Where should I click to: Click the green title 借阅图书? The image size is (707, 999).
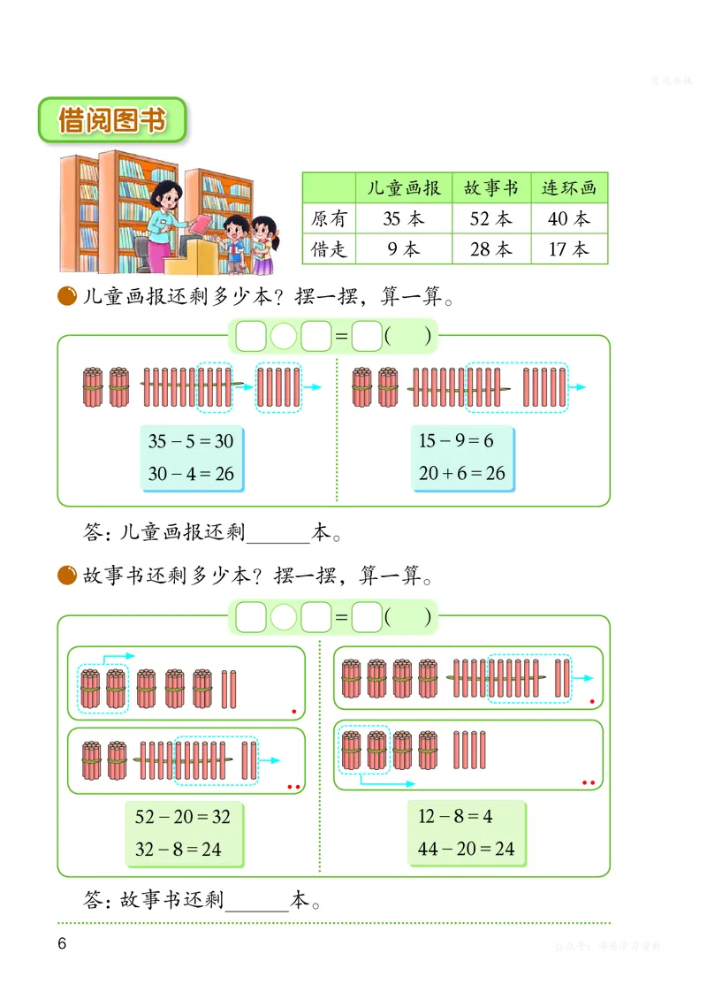point(111,120)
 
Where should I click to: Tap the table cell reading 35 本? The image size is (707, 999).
point(404,218)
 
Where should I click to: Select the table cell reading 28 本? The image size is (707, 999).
point(490,249)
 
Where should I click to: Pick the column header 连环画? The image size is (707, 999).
point(569,187)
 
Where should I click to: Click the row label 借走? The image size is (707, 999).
point(330,249)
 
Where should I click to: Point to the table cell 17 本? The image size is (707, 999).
point(569,249)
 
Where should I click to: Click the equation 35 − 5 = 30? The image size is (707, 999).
point(191,441)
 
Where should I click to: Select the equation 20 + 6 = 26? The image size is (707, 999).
point(462,473)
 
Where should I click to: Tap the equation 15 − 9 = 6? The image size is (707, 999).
point(456,441)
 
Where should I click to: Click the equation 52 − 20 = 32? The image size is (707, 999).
point(183,817)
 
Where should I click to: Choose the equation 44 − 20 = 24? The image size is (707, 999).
point(467,849)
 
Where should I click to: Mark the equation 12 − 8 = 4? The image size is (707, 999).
point(455,816)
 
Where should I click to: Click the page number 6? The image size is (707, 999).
point(62,943)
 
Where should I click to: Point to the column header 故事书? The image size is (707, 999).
point(490,187)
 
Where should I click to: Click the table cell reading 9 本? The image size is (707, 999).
point(404,249)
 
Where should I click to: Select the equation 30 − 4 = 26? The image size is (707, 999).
point(191,473)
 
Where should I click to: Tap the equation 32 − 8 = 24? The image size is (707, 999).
point(179,850)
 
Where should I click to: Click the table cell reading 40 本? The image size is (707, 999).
point(569,218)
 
